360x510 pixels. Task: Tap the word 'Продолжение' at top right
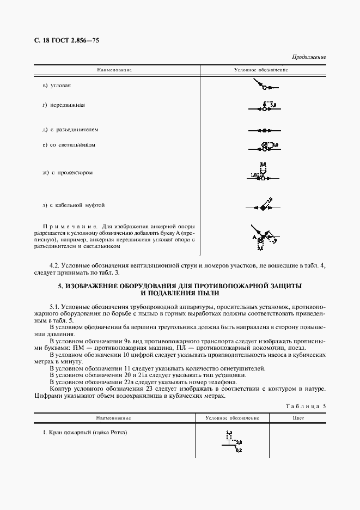309,57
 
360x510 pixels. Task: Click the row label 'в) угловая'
57,86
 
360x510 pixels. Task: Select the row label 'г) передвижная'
64,105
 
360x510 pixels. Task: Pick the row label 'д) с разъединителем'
70,130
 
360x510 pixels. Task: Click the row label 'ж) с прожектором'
68,173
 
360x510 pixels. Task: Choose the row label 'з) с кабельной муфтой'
74,205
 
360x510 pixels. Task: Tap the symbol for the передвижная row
265,107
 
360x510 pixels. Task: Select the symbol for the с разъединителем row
264,131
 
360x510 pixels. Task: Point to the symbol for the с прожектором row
263,173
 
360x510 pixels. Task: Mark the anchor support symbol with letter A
263,236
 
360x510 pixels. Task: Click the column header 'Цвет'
297,418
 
